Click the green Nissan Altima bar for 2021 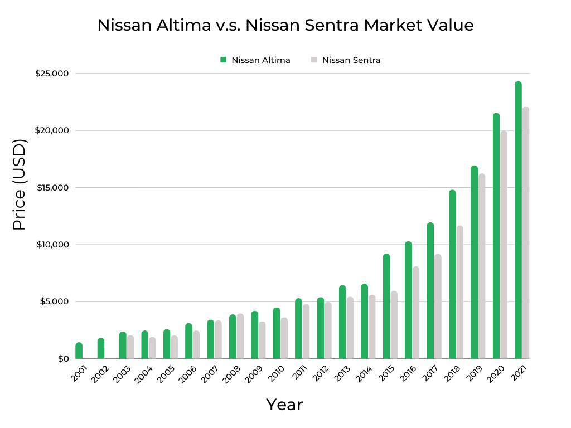pos(518,220)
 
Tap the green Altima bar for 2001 pos(79,351)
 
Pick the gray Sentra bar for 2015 pos(394,325)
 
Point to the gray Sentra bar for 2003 pos(130,347)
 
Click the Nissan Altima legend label pos(260,60)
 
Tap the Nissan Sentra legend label pos(351,60)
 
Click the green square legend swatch pos(223,60)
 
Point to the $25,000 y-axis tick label pos(52,74)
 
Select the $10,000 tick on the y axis pos(52,245)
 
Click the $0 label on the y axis pos(63,358)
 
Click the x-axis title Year pos(284,405)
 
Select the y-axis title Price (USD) pos(20,185)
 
